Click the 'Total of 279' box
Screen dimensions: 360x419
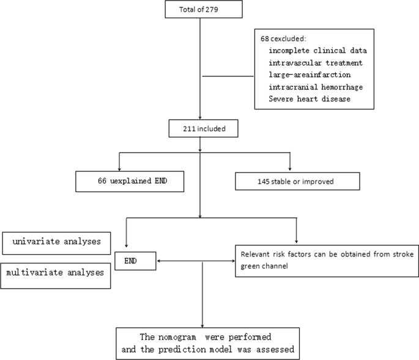tap(201, 10)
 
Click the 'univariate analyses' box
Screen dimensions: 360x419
tap(57, 242)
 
